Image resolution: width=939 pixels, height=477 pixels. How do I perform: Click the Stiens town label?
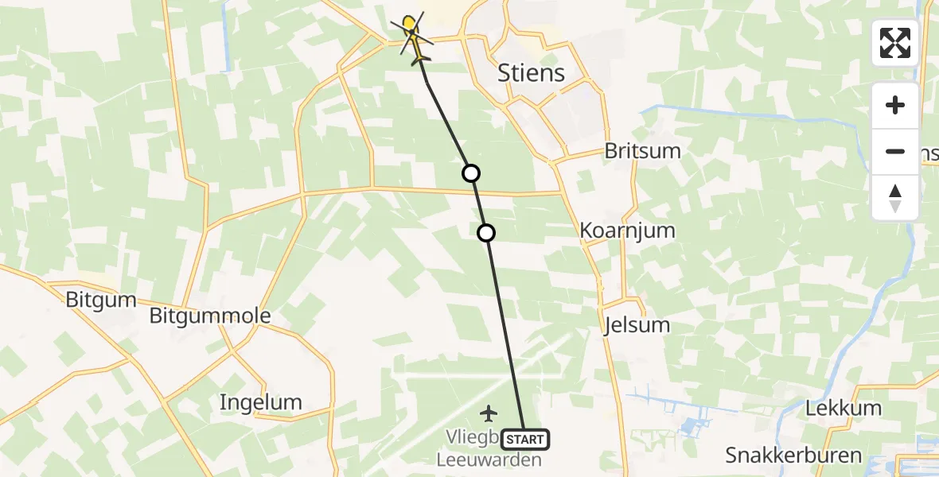[x=531, y=73]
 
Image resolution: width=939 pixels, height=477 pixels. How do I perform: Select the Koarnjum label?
[x=628, y=231]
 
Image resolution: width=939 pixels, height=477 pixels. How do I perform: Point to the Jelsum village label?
[x=637, y=324]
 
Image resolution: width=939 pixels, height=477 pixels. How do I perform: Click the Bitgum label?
[x=101, y=301]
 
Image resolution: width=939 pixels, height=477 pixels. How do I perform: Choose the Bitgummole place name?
[x=210, y=316]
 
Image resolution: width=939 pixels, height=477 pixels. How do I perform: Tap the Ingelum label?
[x=261, y=402]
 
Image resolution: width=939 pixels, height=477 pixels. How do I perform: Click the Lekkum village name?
[x=844, y=409]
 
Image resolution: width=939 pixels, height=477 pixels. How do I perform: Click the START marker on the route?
[x=525, y=440]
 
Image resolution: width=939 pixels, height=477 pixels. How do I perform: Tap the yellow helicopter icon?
[x=413, y=37]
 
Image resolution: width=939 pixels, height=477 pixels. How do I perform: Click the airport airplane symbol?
[x=489, y=413]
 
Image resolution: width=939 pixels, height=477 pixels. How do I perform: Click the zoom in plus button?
[x=895, y=105]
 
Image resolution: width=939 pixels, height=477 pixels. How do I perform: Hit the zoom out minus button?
[x=895, y=151]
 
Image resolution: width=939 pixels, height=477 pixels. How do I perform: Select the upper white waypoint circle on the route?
[x=471, y=173]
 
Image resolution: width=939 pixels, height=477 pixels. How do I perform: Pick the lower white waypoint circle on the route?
[x=486, y=233]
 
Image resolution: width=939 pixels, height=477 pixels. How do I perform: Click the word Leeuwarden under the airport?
[x=489, y=460]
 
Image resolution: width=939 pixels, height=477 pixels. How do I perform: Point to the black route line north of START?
[x=505, y=334]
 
